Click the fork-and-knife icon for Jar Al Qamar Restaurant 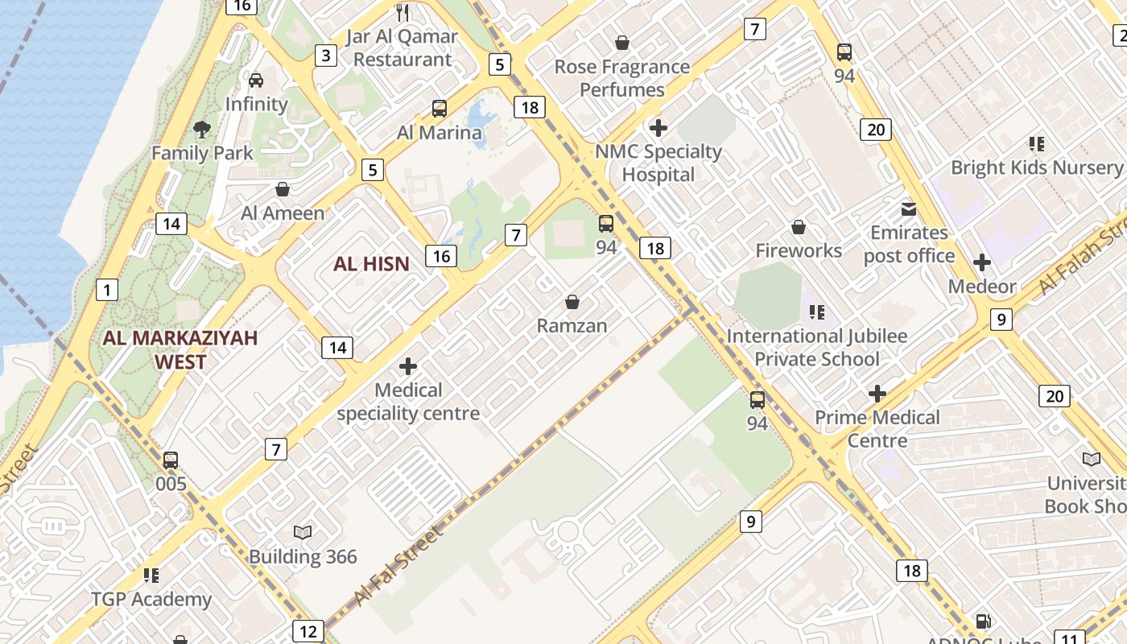point(403,12)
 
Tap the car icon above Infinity point(256,80)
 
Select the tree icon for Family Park point(202,129)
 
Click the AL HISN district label point(371,263)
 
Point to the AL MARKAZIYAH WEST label point(180,349)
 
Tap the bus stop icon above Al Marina point(440,109)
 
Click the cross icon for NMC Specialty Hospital point(658,127)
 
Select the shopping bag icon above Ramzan point(572,302)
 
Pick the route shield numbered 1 point(106,289)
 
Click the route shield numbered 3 point(325,56)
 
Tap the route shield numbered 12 point(308,631)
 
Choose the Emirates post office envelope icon point(909,209)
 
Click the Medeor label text point(981,287)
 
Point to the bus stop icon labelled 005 point(171,460)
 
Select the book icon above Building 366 point(303,532)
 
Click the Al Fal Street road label point(397,567)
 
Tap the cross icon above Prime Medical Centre point(877,394)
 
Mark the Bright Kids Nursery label point(1036,167)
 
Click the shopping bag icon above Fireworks point(799,227)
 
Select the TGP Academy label point(151,599)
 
